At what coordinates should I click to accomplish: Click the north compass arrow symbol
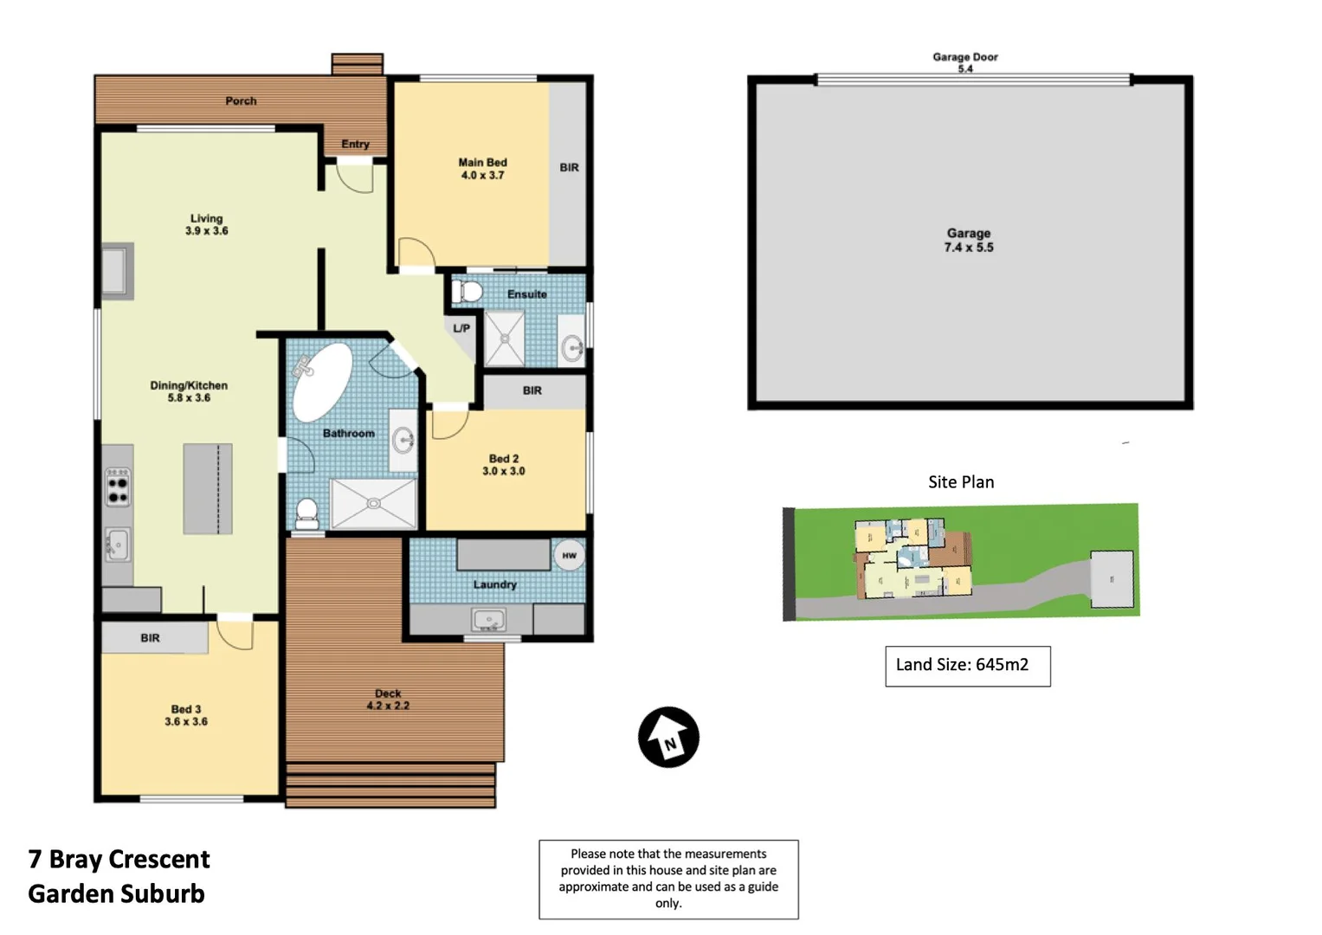[668, 738]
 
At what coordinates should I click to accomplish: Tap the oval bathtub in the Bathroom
[322, 382]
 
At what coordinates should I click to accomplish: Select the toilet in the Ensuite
[467, 291]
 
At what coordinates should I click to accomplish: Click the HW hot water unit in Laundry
[569, 556]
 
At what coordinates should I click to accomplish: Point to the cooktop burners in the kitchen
[117, 487]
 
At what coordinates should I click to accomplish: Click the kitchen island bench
[208, 489]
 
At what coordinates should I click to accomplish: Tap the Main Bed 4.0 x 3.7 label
[482, 169]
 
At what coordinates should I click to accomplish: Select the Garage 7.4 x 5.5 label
[968, 241]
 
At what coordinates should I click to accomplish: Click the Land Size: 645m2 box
[967, 666]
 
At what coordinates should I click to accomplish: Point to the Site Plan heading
[960, 482]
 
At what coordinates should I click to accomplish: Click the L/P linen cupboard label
[461, 328]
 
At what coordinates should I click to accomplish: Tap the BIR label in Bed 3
[150, 638]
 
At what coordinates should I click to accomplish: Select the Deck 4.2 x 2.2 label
[388, 700]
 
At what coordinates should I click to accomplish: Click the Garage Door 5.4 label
[964, 62]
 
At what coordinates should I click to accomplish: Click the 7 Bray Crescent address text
[119, 859]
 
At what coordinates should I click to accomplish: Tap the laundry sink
[489, 620]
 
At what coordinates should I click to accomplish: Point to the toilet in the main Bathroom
[306, 513]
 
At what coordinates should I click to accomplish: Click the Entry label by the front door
[355, 144]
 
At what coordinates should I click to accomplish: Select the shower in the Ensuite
[504, 339]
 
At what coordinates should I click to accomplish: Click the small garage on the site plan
[1112, 579]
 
